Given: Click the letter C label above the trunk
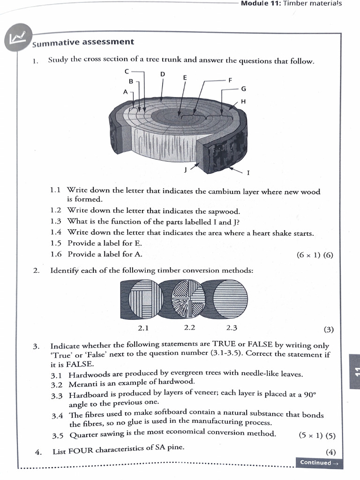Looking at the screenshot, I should click(x=127, y=72).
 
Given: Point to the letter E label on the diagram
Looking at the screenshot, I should click(x=185, y=77).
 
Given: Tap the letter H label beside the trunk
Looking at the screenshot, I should click(x=243, y=101).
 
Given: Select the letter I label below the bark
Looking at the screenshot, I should click(x=248, y=172).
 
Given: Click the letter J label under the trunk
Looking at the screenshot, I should click(x=186, y=170).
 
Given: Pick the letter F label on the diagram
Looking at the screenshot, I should click(x=230, y=80).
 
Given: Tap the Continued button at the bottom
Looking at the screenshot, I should click(x=318, y=463).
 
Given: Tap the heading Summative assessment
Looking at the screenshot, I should click(x=83, y=43).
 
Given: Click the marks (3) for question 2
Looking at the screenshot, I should click(x=329, y=329).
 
